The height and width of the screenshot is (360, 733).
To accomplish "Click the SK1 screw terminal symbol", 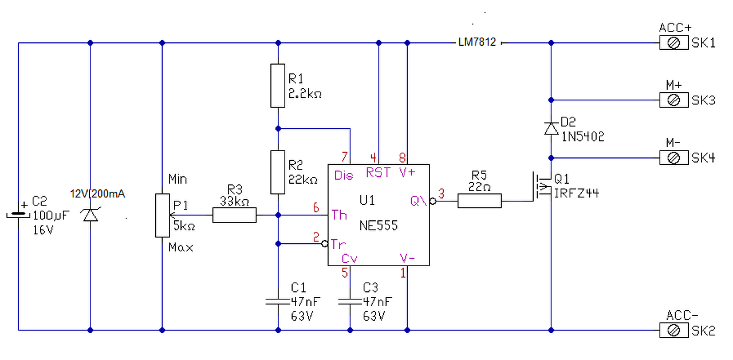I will click(673, 43).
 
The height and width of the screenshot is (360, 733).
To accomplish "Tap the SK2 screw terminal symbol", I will click(673, 330).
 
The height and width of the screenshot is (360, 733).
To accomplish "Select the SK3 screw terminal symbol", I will click(673, 100).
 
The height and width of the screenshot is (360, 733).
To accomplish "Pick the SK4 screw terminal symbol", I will click(673, 157).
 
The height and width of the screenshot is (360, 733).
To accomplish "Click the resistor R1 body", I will click(278, 86).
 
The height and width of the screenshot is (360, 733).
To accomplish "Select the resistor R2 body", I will click(278, 172).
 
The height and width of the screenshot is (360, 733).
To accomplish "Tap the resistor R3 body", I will click(234, 215).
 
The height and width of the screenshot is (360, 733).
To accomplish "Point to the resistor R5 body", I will click(480, 200).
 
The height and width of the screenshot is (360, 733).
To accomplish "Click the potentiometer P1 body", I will click(162, 215).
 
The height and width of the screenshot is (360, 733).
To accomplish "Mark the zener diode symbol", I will click(90, 215).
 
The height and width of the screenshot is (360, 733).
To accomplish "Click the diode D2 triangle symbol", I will click(551, 128).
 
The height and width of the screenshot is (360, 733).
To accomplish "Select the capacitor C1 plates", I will click(278, 301).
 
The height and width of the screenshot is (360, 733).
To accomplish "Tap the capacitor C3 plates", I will click(350, 301).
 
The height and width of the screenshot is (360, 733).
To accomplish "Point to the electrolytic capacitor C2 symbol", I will click(18, 215).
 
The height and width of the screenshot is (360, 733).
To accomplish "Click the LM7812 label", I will click(477, 43).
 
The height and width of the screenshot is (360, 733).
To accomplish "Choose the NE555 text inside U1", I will click(379, 226).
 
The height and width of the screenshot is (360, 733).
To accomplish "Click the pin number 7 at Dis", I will click(344, 157).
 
